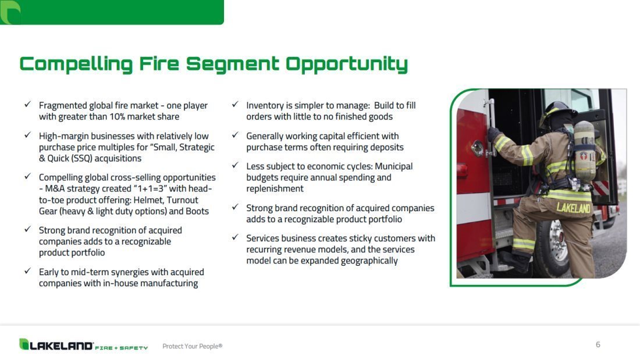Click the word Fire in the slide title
coord(159,63)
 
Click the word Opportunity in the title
coord(347,65)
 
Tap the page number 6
coord(598,344)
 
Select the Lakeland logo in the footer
coord(83,345)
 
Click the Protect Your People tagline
coord(192,346)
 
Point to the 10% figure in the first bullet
coord(117,117)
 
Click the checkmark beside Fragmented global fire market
coord(27,105)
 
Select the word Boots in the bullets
coord(197,211)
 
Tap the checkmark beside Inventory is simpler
coord(235,105)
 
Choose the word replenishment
coord(275,188)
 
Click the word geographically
coord(369,261)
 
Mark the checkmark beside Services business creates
coord(235,237)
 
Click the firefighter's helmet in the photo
coord(557,112)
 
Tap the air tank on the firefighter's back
coord(584,152)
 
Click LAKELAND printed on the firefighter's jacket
coord(574,208)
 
